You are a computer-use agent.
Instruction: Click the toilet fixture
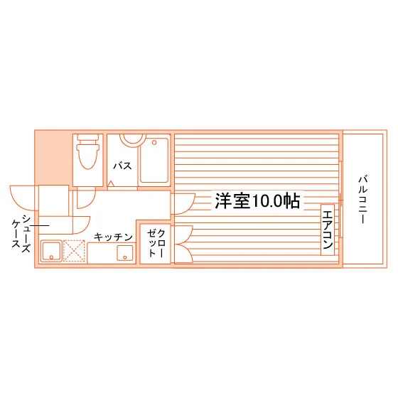tap(88, 151)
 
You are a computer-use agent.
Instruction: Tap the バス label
tap(122, 166)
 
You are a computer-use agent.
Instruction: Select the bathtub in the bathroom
tap(154, 161)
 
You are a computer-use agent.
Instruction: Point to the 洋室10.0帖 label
tap(257, 200)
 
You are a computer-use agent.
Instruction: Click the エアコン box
tap(328, 230)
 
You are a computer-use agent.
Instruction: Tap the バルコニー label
tap(363, 199)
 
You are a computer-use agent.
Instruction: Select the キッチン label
tap(113, 237)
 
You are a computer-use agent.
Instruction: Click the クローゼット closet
tap(155, 244)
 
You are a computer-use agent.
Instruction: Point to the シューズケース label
tap(21, 234)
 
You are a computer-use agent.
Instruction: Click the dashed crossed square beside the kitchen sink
tap(74, 251)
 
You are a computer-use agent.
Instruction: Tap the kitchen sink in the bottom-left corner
tap(51, 251)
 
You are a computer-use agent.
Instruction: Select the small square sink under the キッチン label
tap(125, 253)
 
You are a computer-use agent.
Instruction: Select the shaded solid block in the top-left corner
tap(53, 158)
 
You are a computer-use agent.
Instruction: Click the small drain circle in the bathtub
tap(154, 143)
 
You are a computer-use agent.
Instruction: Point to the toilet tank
tap(88, 138)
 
